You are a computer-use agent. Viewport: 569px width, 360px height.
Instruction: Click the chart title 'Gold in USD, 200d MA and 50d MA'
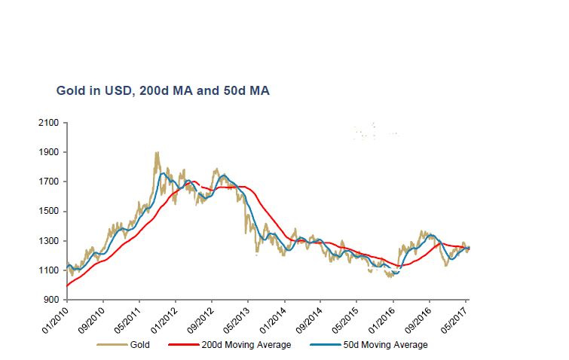click(163, 91)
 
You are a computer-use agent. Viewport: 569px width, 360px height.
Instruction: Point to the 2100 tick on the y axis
click(50, 123)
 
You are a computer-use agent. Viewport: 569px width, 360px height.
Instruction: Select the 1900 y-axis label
click(50, 152)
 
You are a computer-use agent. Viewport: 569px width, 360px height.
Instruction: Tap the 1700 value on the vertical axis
click(50, 182)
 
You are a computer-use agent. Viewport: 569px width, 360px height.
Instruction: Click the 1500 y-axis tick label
click(50, 212)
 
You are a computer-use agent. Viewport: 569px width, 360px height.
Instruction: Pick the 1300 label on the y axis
click(50, 241)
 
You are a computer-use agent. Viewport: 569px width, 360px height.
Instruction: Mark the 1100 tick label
click(50, 270)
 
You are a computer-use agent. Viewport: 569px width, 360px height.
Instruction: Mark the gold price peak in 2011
click(156, 153)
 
